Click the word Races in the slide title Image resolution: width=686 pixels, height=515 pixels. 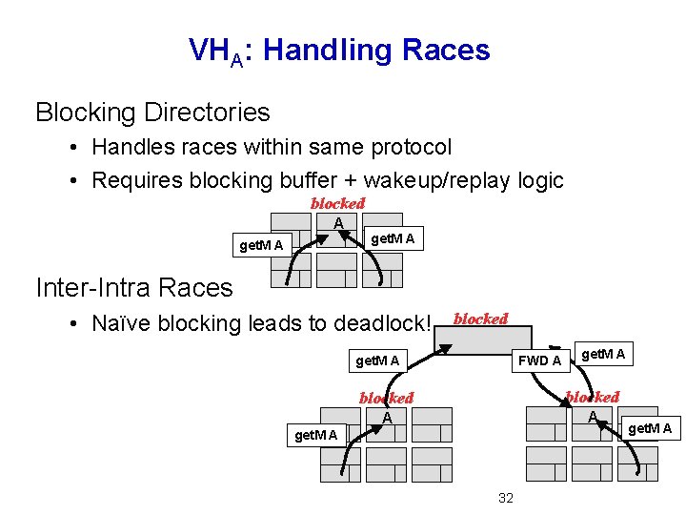coord(446,50)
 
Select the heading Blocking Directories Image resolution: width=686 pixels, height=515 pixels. coord(152,113)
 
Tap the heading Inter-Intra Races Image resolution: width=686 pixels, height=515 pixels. coord(133,287)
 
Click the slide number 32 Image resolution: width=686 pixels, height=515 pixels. coord(505,498)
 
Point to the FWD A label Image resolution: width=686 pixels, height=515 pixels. coord(538,360)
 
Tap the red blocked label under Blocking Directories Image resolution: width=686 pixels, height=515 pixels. coord(337,203)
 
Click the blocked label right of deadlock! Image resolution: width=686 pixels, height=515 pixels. coord(480,319)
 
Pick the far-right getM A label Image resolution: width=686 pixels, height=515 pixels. coord(649,428)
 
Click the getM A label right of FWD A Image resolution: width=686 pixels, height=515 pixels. coord(603,355)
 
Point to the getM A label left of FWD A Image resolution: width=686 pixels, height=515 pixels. coord(376,360)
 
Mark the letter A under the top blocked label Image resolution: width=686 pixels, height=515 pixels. coord(337,223)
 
